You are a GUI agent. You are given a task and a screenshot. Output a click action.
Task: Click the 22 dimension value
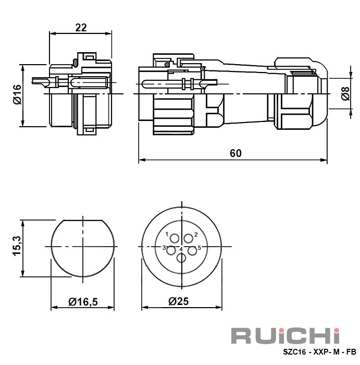pos(81,28)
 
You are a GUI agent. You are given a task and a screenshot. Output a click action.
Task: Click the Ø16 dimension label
pos(17,94)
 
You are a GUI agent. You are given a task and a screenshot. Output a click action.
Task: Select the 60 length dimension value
pos(235,153)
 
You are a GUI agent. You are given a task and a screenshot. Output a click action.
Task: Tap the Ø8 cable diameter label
pos(345,93)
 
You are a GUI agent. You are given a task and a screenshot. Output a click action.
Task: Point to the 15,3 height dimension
pos(17,246)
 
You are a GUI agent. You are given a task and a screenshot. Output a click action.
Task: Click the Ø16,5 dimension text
pos(83,302)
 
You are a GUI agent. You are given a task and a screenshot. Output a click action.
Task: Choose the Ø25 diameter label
pos(179,301)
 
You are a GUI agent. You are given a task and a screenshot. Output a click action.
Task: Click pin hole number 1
pos(175,239)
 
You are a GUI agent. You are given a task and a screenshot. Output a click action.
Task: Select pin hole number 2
pos(189,239)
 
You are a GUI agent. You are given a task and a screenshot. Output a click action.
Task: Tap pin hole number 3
pos(171,251)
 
